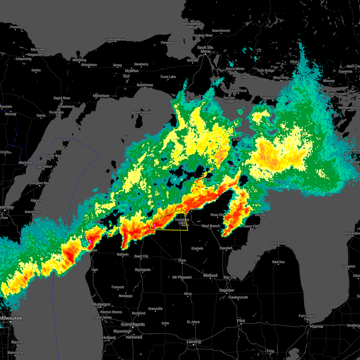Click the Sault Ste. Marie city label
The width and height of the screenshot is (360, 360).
[x=205, y=49]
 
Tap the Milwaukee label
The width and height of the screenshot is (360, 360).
[x=11, y=318]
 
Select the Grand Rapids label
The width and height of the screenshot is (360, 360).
[x=133, y=324]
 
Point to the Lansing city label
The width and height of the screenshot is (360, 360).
[x=194, y=341]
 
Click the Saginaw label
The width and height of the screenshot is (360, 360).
[x=226, y=290]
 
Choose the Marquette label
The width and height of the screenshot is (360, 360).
[x=38, y=49]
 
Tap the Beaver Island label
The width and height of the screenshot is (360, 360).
[x=140, y=112]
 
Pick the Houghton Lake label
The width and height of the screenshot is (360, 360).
[x=182, y=221]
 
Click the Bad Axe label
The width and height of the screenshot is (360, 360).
[x=278, y=262]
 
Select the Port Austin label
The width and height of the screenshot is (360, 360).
[x=278, y=243]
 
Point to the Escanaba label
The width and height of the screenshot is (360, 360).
[x=56, y=112]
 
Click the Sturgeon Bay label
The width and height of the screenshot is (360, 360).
[x=39, y=183]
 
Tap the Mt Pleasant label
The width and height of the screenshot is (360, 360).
[x=182, y=277]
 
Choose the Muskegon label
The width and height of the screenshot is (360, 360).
[x=101, y=304]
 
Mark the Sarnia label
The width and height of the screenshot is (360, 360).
[x=318, y=326]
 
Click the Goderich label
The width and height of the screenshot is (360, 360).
[x=348, y=266]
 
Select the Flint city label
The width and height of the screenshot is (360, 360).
[x=241, y=321]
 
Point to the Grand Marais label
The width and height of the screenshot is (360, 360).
[x=115, y=39]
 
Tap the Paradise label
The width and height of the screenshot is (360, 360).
[x=167, y=43]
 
